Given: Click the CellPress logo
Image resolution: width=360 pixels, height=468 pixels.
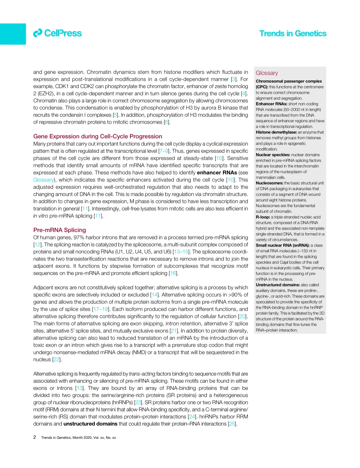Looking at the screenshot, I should (x=57, y=33).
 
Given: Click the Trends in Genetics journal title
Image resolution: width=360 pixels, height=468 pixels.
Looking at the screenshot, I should (x=292, y=33).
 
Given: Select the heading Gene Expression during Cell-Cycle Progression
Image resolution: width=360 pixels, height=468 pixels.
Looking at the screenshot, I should (x=97, y=136).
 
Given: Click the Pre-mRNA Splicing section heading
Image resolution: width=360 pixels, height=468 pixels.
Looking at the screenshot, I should (x=59, y=230).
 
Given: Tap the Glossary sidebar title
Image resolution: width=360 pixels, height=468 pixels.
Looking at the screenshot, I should (x=266, y=73).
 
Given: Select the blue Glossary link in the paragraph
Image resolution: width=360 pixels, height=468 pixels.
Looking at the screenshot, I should (x=43, y=180).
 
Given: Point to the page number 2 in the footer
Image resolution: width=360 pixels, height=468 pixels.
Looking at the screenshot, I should (x=35, y=437).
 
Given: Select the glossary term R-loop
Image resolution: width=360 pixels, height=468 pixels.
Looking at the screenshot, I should (x=263, y=217).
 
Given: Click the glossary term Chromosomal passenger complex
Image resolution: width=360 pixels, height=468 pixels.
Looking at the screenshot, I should (x=289, y=81).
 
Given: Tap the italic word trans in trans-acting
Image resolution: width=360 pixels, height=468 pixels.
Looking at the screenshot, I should (x=135, y=374).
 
